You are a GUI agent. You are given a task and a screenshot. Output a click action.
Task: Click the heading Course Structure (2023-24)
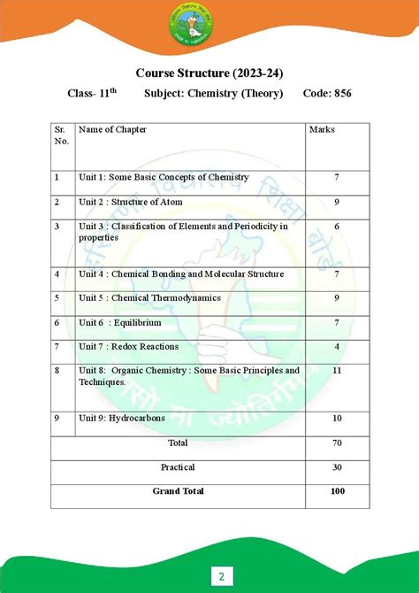(209, 72)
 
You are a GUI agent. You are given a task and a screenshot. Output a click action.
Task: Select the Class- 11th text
(91, 93)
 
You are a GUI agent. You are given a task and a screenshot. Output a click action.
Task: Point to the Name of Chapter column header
(112, 130)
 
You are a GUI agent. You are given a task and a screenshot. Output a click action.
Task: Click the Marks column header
(322, 130)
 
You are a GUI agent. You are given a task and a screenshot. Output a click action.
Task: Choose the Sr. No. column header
(61, 135)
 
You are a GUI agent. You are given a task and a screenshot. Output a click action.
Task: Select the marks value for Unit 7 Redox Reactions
(337, 346)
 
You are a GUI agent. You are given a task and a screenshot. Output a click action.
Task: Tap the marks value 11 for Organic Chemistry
(337, 370)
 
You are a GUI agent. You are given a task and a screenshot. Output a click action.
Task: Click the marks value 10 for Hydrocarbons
(337, 418)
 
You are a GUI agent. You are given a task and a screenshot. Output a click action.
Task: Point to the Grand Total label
(178, 491)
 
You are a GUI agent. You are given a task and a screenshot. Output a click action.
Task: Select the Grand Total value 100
(337, 491)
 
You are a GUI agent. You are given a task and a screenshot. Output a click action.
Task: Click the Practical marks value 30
(337, 466)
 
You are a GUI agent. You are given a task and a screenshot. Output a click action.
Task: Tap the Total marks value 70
(337, 442)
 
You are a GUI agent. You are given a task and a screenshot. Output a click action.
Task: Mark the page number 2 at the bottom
(221, 577)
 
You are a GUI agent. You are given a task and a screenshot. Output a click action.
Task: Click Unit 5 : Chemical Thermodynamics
(149, 298)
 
